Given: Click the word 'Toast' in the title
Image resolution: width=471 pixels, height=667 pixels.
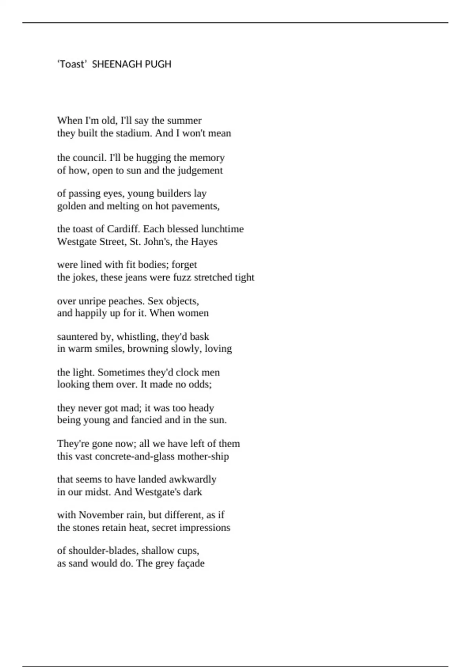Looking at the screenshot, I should pos(71,64).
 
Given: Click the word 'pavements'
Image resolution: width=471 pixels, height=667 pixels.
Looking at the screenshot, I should pos(199,206).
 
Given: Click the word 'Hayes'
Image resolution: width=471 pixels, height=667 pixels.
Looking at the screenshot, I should pos(204,242).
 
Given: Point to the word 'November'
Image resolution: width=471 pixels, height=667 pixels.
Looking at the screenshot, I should pos(101,515).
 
